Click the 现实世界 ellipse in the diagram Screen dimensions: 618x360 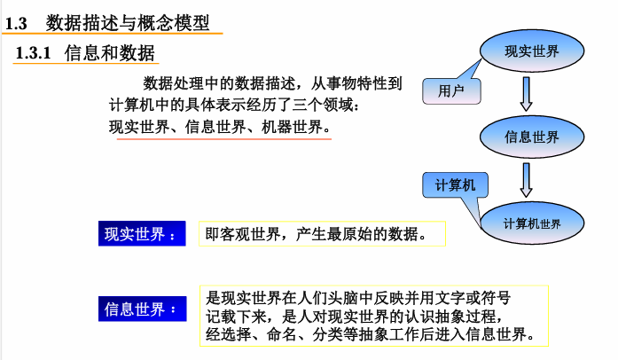click(x=531, y=51)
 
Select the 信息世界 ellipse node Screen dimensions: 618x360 click(x=531, y=137)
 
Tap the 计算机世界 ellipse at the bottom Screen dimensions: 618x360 click(x=531, y=223)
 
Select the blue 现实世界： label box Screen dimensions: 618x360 click(x=141, y=235)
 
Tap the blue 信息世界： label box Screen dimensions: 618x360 click(x=141, y=309)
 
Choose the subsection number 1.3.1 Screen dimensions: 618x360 click(x=35, y=53)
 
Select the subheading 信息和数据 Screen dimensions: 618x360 click(x=110, y=53)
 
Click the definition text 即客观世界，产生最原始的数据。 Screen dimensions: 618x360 click(x=321, y=235)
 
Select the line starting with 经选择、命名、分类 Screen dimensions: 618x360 click(x=370, y=334)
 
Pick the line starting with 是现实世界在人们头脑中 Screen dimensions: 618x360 click(x=364, y=296)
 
